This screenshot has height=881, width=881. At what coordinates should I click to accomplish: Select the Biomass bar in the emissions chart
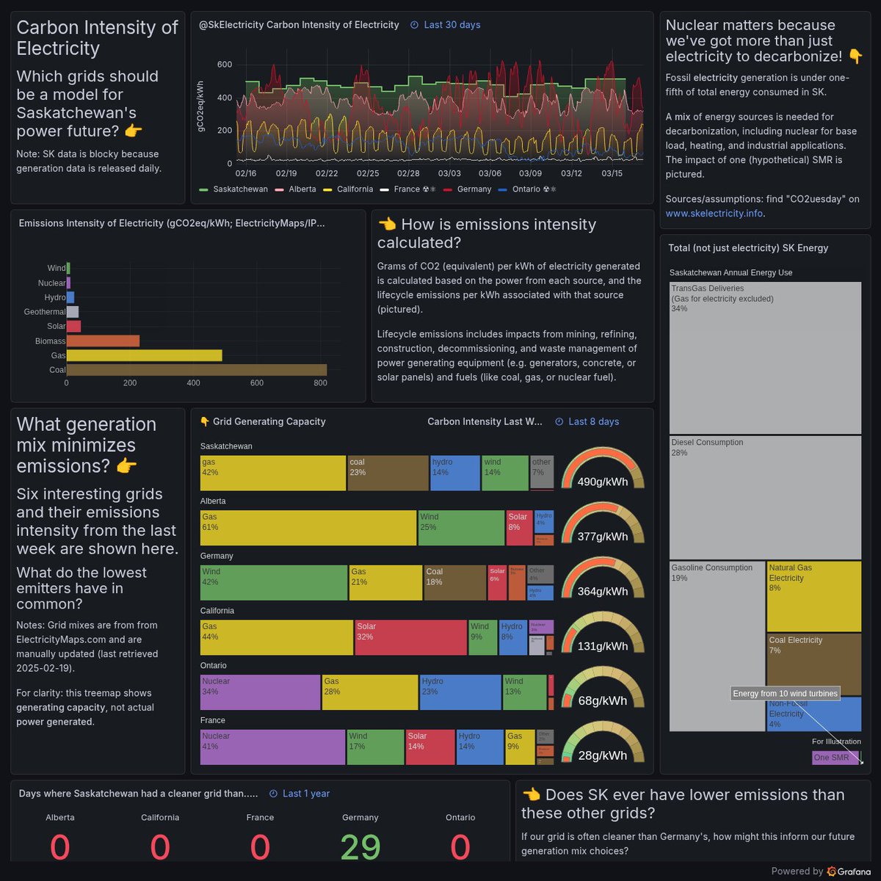click(103, 341)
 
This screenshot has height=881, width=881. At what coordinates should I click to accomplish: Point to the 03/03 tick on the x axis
click(449, 173)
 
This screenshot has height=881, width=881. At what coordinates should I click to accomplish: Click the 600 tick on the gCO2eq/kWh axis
click(225, 65)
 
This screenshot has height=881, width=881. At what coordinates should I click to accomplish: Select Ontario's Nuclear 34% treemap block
click(260, 692)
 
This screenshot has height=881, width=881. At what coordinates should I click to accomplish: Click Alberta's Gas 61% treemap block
click(308, 528)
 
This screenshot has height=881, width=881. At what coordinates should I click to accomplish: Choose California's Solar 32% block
click(411, 637)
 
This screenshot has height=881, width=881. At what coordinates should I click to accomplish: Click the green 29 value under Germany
click(360, 847)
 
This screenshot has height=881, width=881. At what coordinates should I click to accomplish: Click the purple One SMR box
click(835, 758)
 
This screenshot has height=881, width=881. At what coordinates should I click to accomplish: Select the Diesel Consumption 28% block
click(765, 497)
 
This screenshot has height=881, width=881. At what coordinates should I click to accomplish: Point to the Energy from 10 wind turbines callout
click(785, 694)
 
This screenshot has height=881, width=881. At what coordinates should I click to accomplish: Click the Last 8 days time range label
click(593, 421)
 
